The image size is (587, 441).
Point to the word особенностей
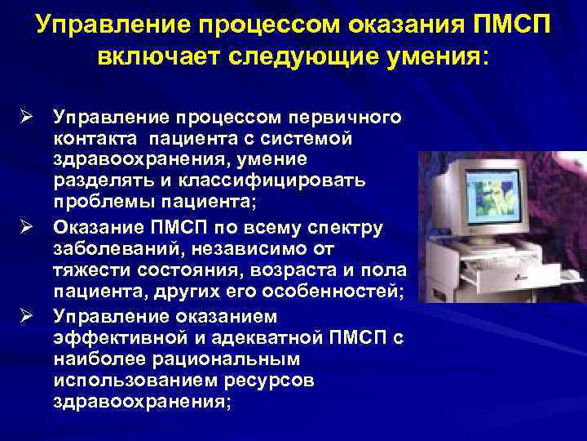coord(307,292)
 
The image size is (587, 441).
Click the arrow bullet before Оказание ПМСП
coord(25,225)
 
